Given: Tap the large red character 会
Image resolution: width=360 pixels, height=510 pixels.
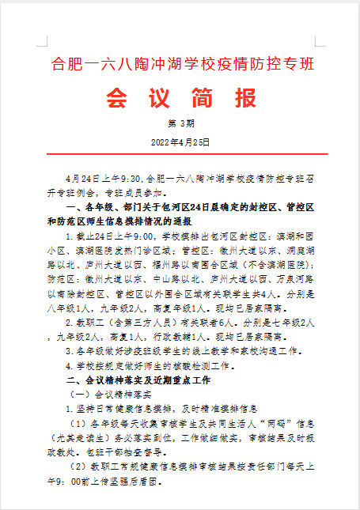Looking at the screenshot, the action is click(x=116, y=98).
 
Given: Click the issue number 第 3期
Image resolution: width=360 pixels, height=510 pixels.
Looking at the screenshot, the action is click(x=180, y=125).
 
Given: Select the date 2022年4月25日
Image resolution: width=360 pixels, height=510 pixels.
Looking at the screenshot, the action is click(x=180, y=141).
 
